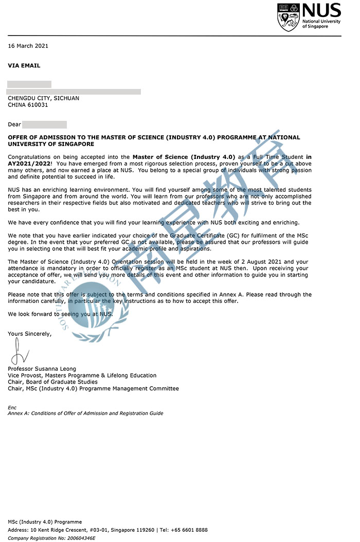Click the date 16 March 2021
pyautogui.click(x=28, y=46)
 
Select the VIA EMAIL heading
pyautogui.click(x=24, y=65)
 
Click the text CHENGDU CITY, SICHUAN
pyautogui.click(x=43, y=98)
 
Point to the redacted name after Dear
pyautogui.click(x=45, y=124)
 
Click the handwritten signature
pyautogui.click(x=20, y=351)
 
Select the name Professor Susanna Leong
pyautogui.click(x=42, y=369)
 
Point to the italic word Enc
pyautogui.click(x=12, y=407)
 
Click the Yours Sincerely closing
pyautogui.click(x=30, y=334)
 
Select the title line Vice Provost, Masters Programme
pyautogui.click(x=82, y=375)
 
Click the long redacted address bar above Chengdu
pyautogui.click(x=74, y=92)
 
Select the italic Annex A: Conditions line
pyautogui.click(x=85, y=413)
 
